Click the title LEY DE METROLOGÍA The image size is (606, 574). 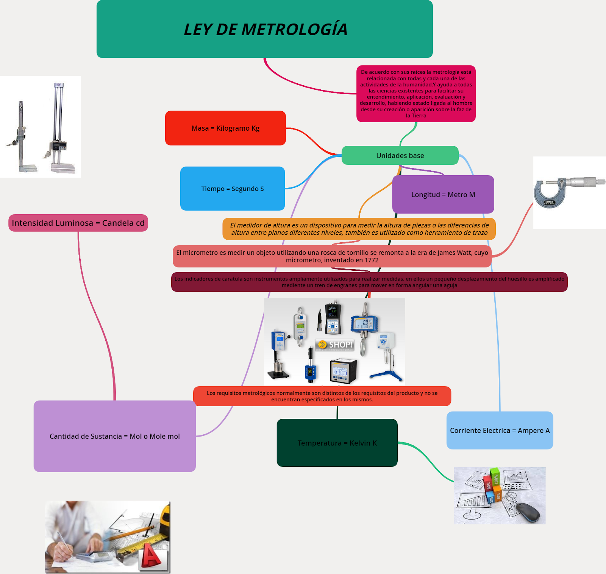(265, 30)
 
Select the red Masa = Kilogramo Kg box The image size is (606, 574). (225, 128)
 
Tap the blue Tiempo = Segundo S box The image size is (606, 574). (233, 189)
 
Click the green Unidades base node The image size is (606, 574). (400, 156)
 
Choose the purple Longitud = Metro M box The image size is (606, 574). (443, 195)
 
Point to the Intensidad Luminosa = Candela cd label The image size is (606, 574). (78, 223)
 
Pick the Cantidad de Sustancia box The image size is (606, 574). (115, 436)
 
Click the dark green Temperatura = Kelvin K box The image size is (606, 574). (337, 443)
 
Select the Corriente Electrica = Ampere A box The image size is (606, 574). (500, 430)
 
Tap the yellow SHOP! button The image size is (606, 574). (335, 345)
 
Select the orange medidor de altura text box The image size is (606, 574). (359, 229)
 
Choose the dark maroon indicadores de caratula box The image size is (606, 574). (369, 282)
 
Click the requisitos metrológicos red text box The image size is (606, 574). (322, 396)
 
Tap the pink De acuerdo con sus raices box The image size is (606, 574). (416, 94)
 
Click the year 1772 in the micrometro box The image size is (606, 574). (371, 260)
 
